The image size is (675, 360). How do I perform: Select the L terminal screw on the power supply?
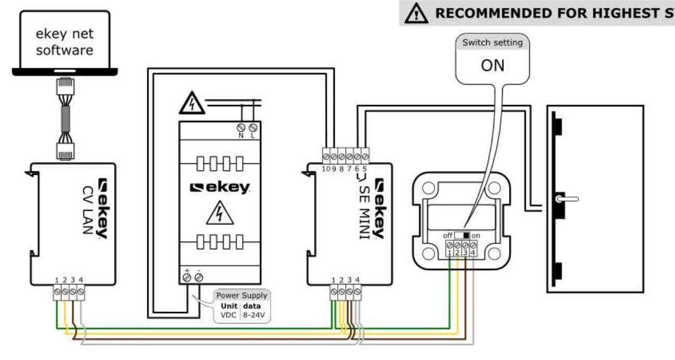(253, 127)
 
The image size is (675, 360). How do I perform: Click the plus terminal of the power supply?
(187, 278)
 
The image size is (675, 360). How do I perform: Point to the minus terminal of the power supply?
(199, 278)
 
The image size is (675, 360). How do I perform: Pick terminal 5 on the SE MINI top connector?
(365, 155)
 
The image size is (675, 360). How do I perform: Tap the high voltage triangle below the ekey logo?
(219, 214)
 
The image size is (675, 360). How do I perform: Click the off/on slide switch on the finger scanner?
(462, 235)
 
